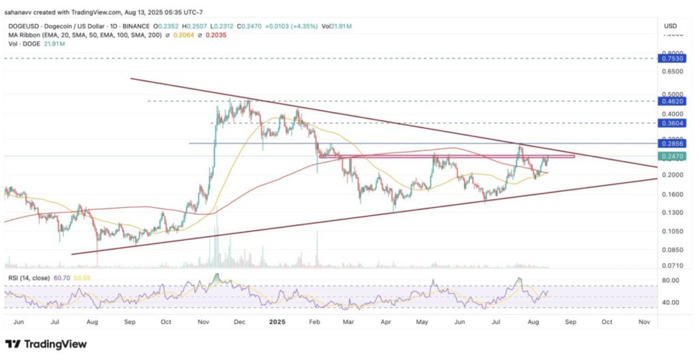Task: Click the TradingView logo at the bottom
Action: (46, 344)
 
